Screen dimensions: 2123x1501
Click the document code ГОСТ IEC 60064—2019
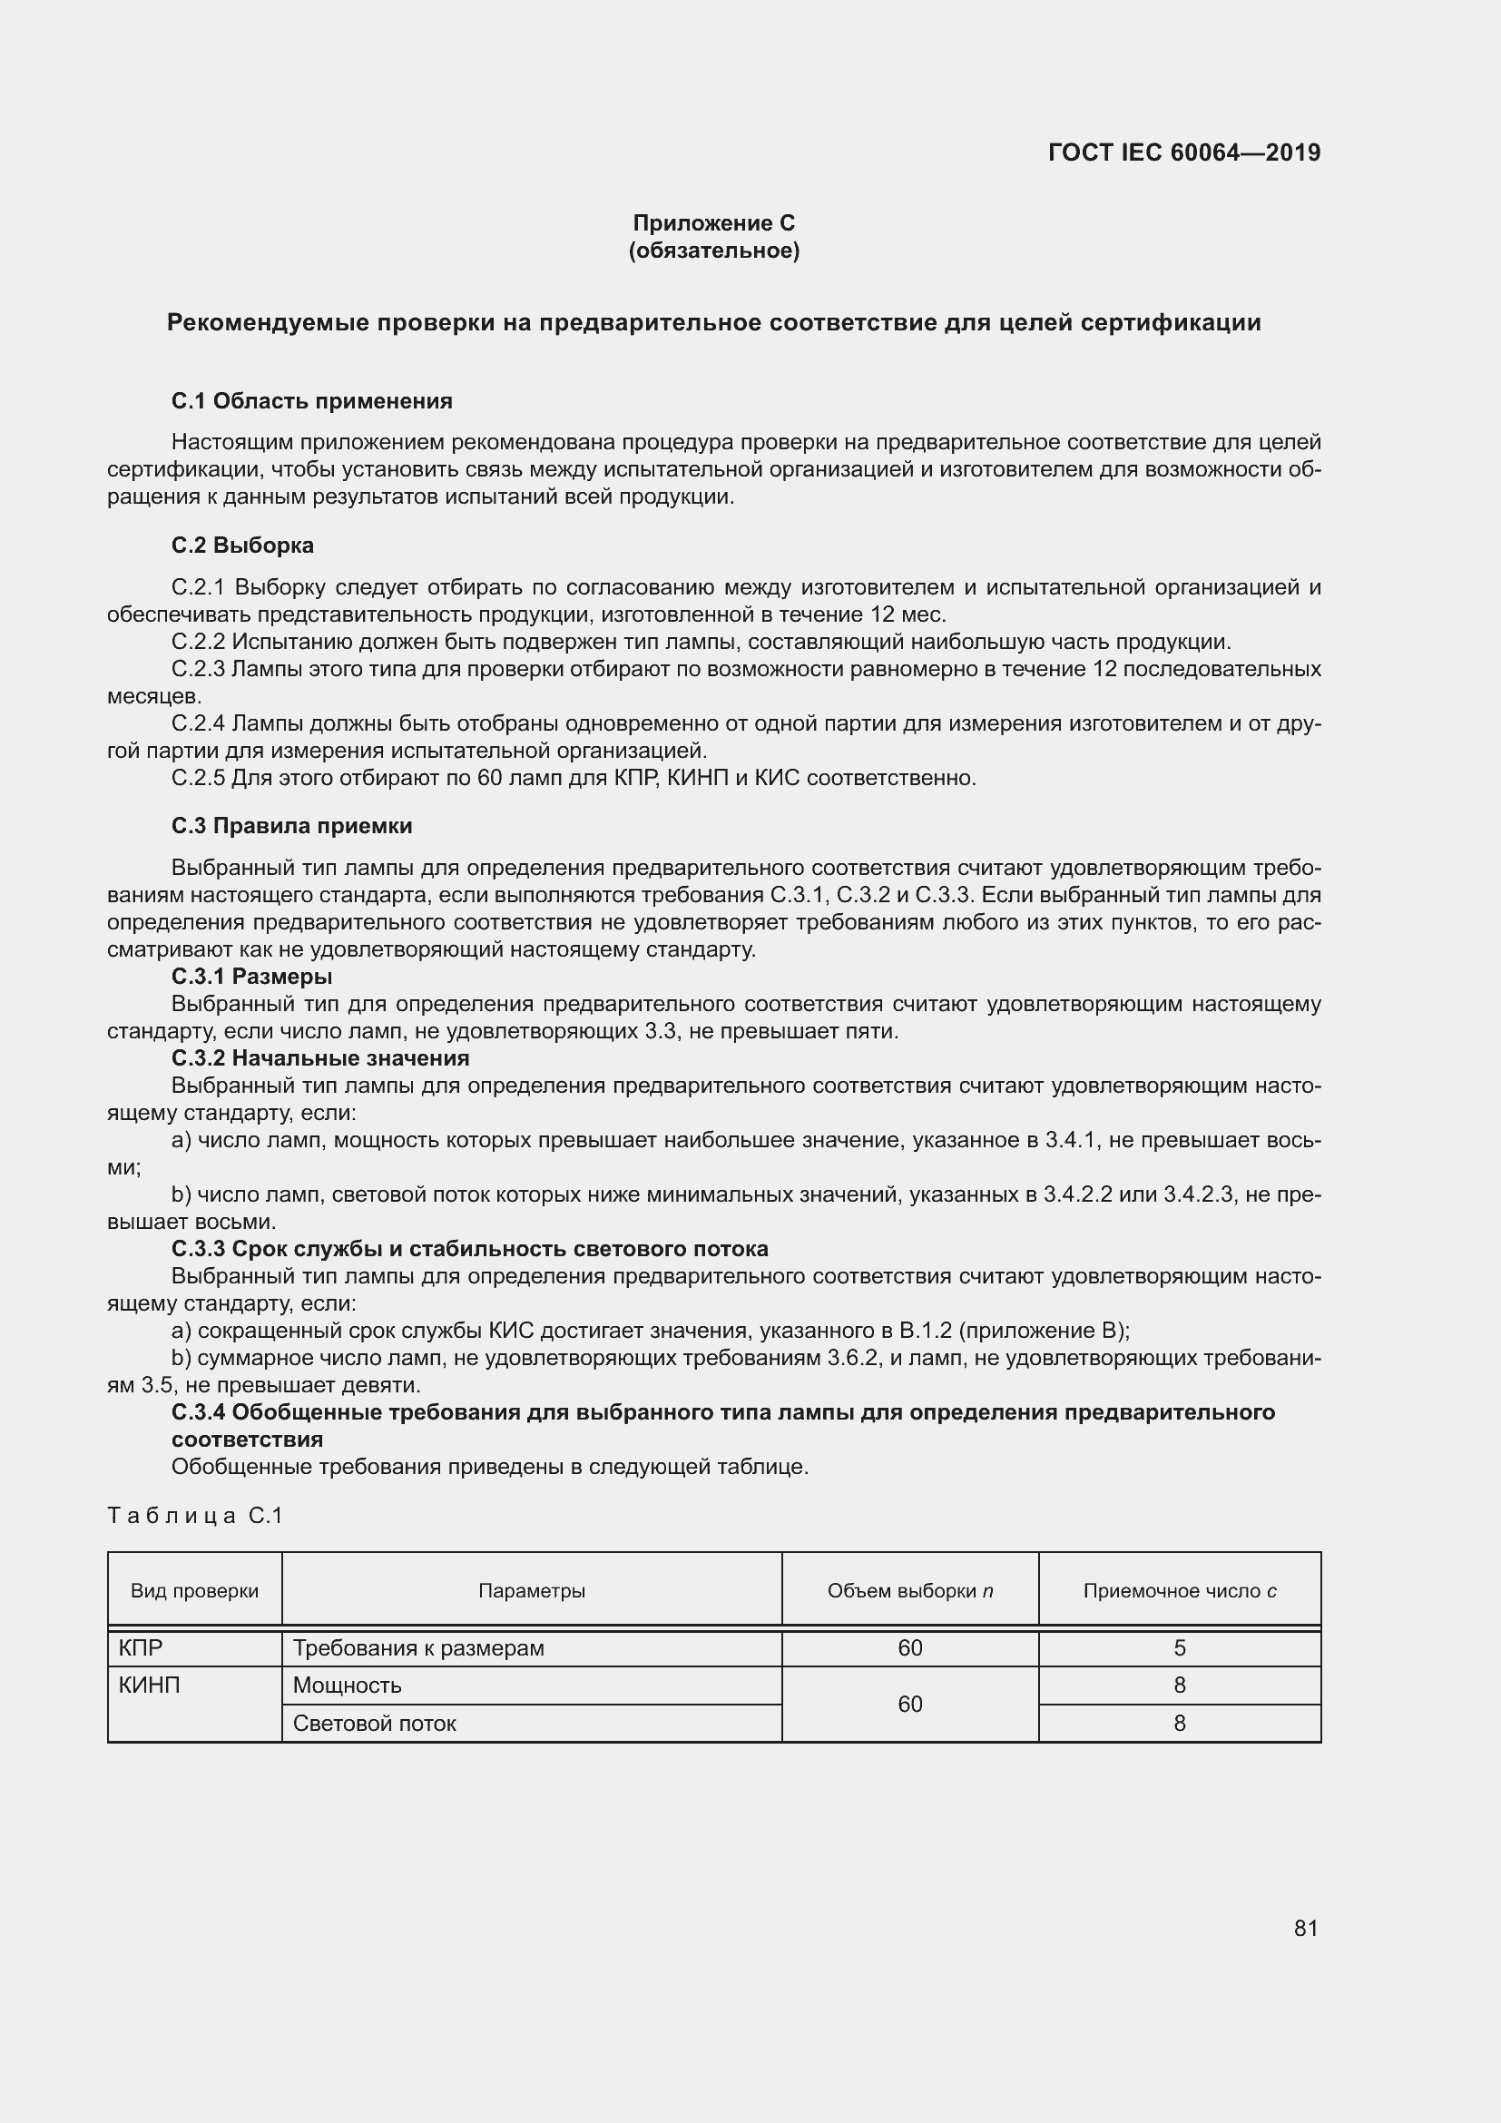(1184, 152)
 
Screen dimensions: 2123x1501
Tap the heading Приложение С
(713, 223)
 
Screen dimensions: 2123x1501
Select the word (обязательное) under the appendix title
(713, 251)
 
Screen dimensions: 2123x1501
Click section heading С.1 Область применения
(311, 400)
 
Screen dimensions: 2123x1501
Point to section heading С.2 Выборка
(242, 545)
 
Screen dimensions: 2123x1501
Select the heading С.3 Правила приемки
(291, 826)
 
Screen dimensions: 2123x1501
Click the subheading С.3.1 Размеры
(251, 977)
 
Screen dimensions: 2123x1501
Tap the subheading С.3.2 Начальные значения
(319, 1057)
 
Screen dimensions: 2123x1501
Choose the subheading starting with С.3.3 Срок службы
(469, 1248)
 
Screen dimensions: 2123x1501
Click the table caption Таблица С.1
(195, 1516)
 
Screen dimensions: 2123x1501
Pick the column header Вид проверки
(194, 1590)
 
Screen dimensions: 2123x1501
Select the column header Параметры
(532, 1590)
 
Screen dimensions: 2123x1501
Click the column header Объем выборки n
(909, 1590)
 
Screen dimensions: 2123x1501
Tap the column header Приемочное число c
(1180, 1590)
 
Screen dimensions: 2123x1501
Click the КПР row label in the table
(141, 1647)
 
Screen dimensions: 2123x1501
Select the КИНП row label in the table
(149, 1685)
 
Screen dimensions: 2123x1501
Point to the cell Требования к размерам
(417, 1647)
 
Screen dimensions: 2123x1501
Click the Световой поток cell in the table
(374, 1723)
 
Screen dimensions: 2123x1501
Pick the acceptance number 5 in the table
(1180, 1647)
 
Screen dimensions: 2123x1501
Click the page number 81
(1305, 1928)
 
